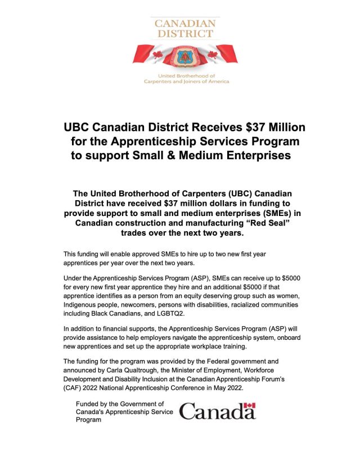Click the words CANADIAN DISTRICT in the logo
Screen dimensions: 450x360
185,28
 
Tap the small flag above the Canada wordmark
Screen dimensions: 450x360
251,405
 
